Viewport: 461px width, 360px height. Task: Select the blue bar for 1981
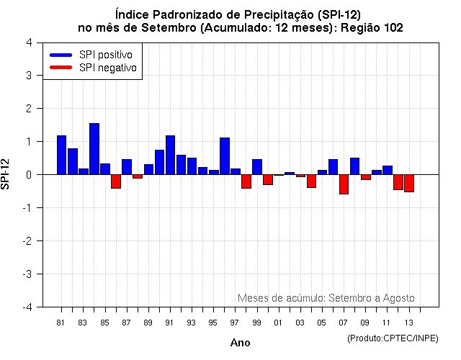(62, 155)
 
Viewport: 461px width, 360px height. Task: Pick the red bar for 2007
(344, 184)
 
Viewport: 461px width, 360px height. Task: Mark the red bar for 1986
(116, 181)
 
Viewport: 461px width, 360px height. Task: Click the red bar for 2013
(409, 183)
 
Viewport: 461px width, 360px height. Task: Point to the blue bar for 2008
(354, 166)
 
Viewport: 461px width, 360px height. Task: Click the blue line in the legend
(61, 55)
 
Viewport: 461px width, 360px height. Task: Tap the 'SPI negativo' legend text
(107, 68)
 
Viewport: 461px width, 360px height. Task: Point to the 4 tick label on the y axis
(28, 42)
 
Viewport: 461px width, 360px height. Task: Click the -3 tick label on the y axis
(26, 274)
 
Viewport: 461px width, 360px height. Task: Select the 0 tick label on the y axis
(28, 175)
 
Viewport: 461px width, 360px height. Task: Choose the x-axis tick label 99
(256, 323)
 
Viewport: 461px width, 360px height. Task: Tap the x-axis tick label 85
(104, 323)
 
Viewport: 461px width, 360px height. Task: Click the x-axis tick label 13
(408, 323)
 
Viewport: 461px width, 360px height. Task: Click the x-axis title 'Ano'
(240, 343)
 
